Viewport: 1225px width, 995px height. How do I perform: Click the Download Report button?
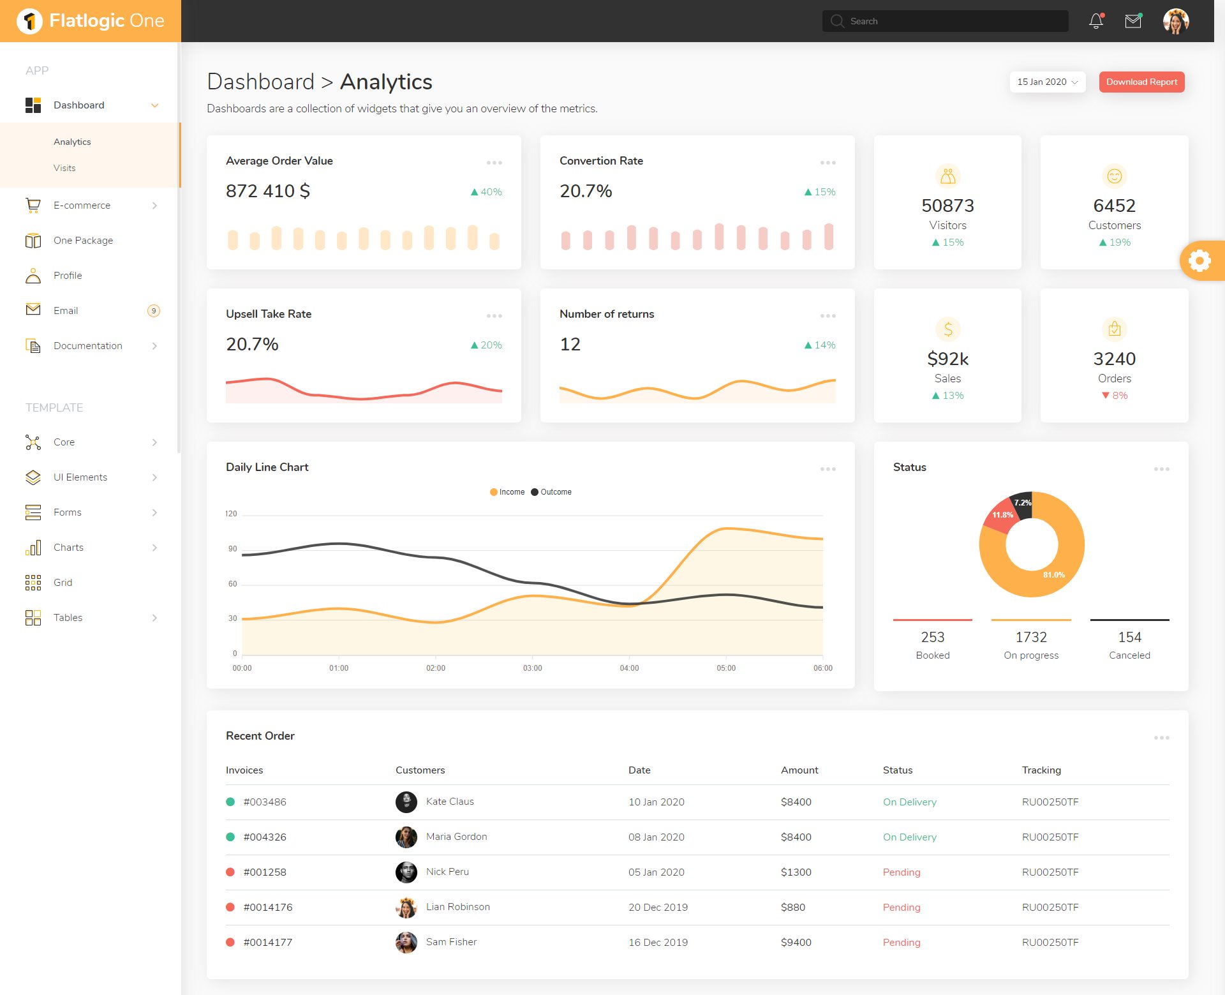point(1141,82)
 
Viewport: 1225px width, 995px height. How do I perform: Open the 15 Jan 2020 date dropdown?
point(1047,82)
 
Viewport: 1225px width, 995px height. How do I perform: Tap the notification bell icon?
point(1096,21)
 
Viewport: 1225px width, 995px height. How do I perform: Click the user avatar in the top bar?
point(1175,21)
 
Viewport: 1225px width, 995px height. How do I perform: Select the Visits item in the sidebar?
point(64,168)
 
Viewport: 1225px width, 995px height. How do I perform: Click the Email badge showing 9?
point(153,311)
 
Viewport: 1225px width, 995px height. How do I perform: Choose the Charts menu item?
point(68,548)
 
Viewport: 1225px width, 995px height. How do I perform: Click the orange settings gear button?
point(1199,260)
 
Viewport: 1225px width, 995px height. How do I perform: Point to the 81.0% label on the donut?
point(1053,575)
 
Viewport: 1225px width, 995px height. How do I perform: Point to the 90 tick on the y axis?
point(232,549)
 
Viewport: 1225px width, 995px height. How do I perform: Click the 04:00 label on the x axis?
point(629,668)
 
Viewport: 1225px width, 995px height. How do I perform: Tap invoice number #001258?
point(265,872)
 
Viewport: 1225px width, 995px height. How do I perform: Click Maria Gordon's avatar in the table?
point(406,837)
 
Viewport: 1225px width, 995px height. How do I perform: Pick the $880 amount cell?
point(793,907)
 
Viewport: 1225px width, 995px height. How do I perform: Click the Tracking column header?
point(1041,770)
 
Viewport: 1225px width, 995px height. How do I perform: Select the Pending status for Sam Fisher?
point(902,942)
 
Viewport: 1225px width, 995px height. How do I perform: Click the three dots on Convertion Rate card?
point(828,163)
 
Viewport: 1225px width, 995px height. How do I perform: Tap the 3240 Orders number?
point(1114,359)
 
